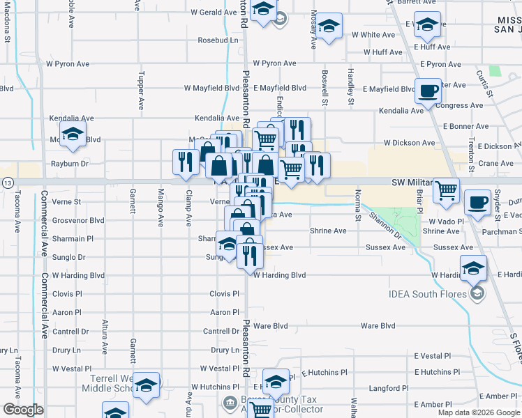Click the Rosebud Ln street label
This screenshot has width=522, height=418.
pos(218,40)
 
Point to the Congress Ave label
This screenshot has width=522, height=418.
pos(459,106)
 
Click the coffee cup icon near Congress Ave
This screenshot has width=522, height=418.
pos(428,89)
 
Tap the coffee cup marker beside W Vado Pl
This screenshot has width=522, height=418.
pos(477,201)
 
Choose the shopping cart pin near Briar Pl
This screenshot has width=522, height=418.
pos(447,189)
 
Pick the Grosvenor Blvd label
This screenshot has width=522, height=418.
pos(78,220)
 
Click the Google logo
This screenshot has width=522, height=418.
pos(23,410)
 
